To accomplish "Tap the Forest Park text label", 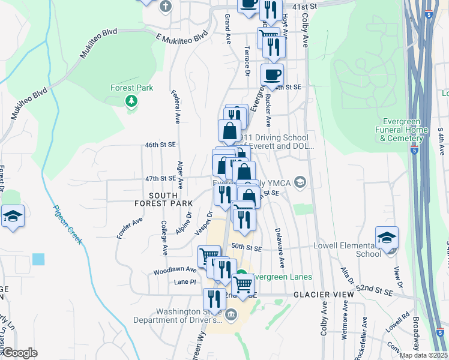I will pyautogui.click(x=131, y=88).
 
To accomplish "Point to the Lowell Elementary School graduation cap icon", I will pyautogui.click(x=387, y=235).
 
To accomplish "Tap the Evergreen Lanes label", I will pyautogui.click(x=282, y=277).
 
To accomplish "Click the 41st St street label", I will pyautogui.click(x=304, y=5).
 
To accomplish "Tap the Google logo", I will pyautogui.click(x=20, y=353).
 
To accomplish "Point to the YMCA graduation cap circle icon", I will pyautogui.click(x=301, y=182).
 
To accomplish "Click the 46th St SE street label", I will pyautogui.click(x=159, y=145).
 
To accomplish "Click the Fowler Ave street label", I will pyautogui.click(x=130, y=229).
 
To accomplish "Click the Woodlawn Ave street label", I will pyautogui.click(x=183, y=270).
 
